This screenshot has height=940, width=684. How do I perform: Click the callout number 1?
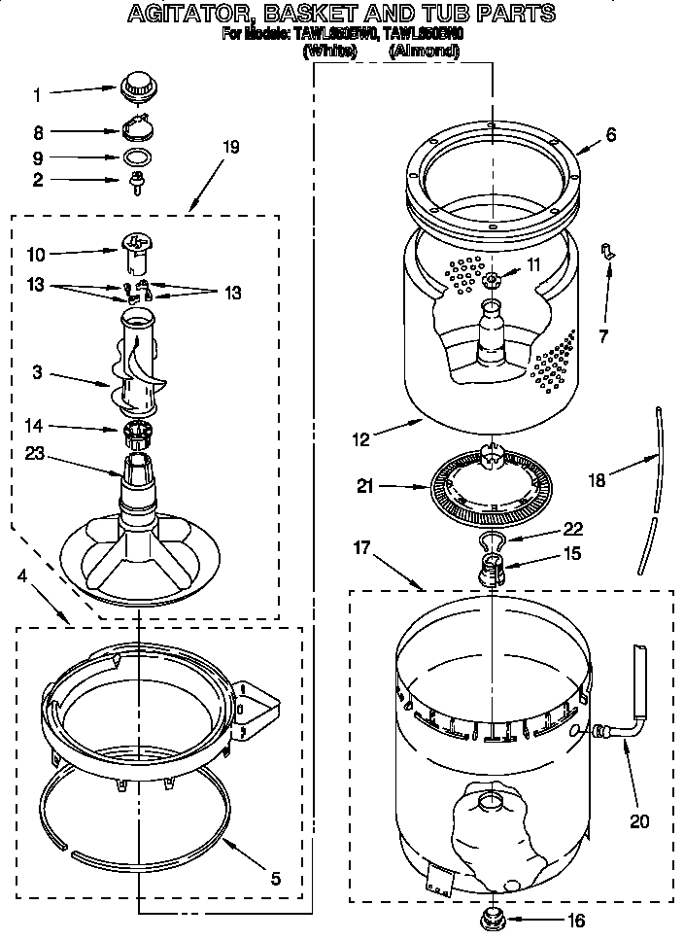coord(38,95)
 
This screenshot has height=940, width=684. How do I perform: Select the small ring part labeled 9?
coord(139,157)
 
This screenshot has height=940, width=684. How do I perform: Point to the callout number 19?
coord(230,148)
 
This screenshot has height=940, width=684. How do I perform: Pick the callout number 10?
coord(36,255)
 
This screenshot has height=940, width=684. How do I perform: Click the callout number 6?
coord(610,135)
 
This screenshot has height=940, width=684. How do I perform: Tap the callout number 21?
coord(364,486)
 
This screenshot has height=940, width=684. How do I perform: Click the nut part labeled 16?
coord(494,915)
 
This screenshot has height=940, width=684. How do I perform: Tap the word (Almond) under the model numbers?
coord(424,52)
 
